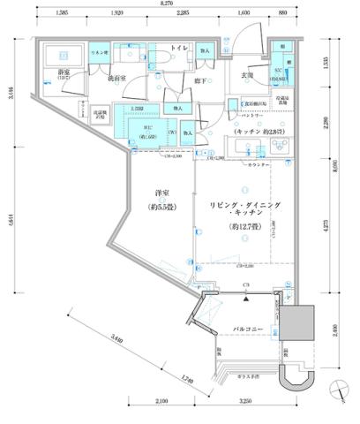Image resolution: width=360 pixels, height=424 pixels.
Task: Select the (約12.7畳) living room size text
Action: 244,224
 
